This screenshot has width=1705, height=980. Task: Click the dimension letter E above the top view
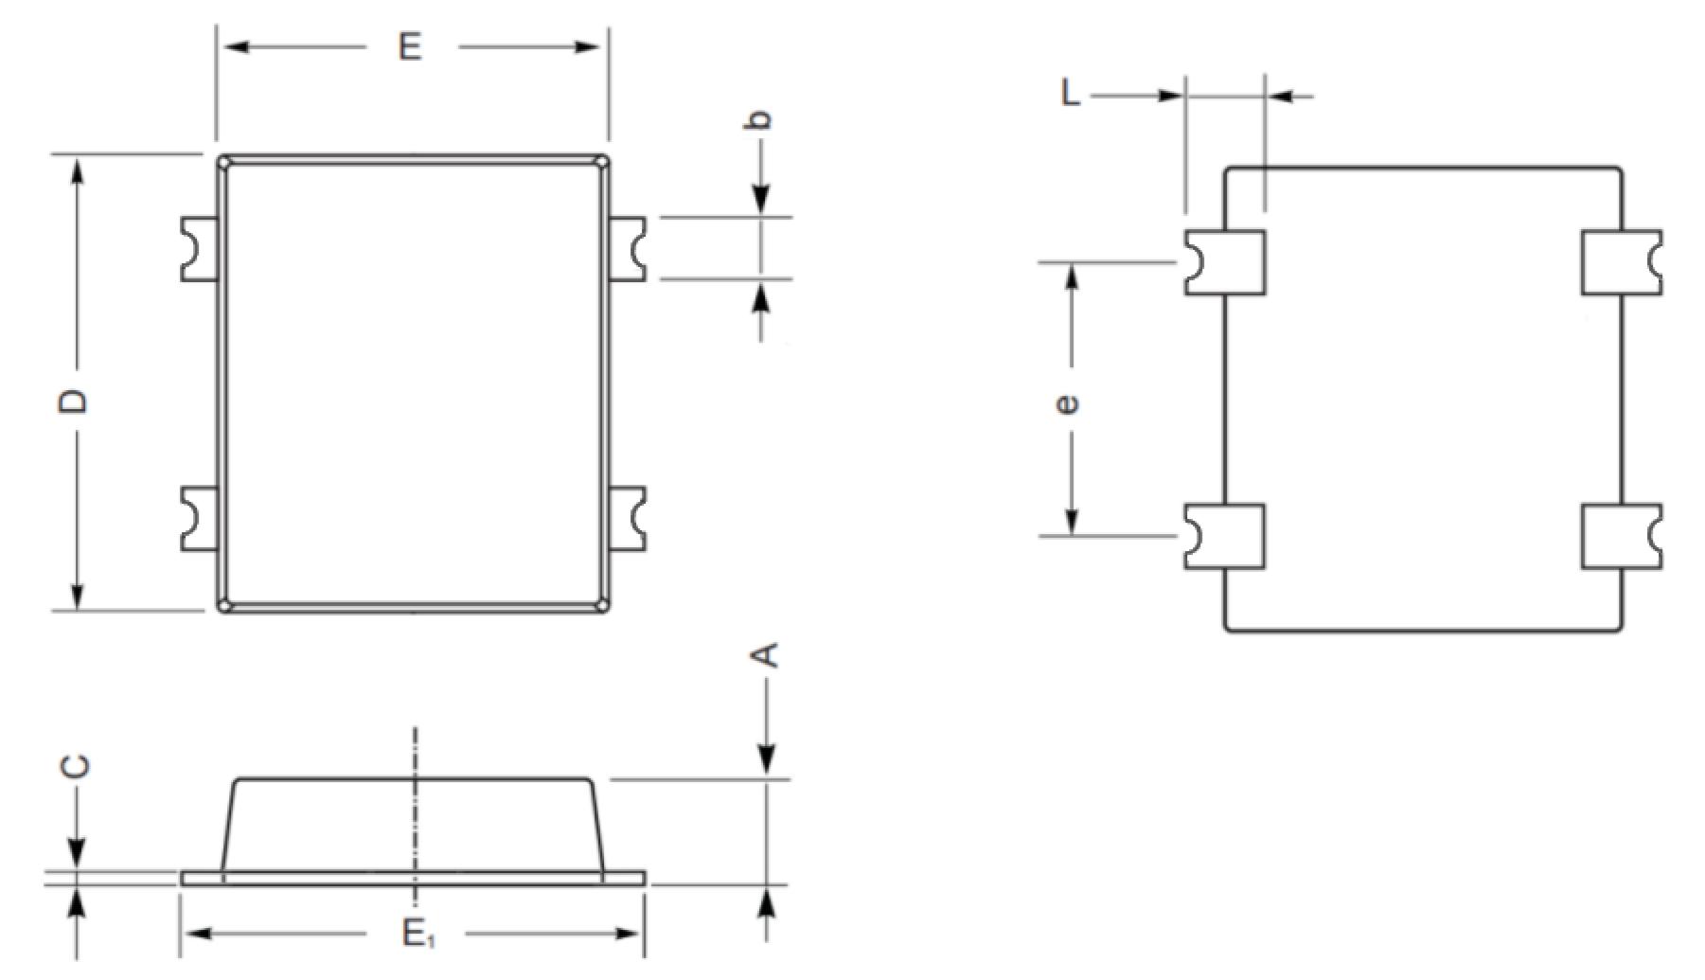tap(410, 45)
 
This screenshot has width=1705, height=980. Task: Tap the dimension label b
tap(761, 118)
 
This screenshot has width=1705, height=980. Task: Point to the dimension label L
tap(1071, 94)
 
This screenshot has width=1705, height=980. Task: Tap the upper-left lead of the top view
tap(200, 248)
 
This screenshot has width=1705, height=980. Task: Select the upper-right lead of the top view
tap(626, 248)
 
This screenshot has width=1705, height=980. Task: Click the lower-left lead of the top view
tap(200, 519)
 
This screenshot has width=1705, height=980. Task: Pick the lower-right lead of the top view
tap(626, 519)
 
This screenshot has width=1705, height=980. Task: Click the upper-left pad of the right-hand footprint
tap(1225, 262)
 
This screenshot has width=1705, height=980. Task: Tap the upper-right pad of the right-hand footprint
tap(1622, 262)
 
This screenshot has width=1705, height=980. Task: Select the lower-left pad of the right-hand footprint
tap(1225, 537)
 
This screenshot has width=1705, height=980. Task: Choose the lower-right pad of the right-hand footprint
tap(1622, 537)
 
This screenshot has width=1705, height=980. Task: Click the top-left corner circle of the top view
tap(224, 163)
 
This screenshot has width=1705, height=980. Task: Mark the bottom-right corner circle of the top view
tap(602, 604)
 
